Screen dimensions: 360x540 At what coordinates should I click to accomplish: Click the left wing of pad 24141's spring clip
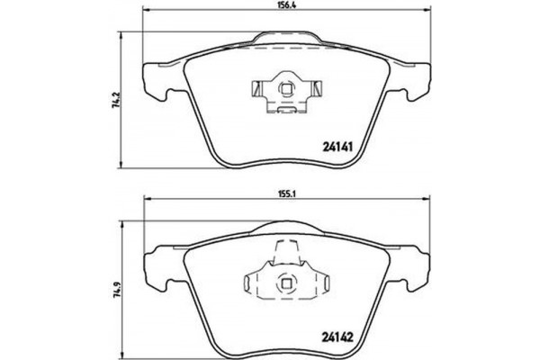click(x=256, y=90)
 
